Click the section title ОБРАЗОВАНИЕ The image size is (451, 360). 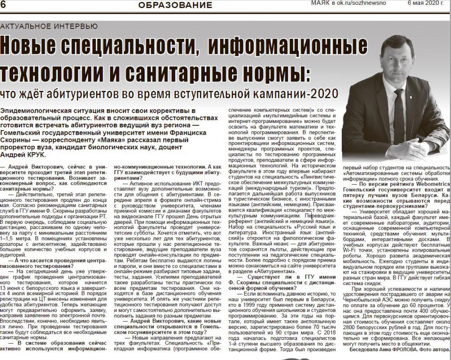175,5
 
